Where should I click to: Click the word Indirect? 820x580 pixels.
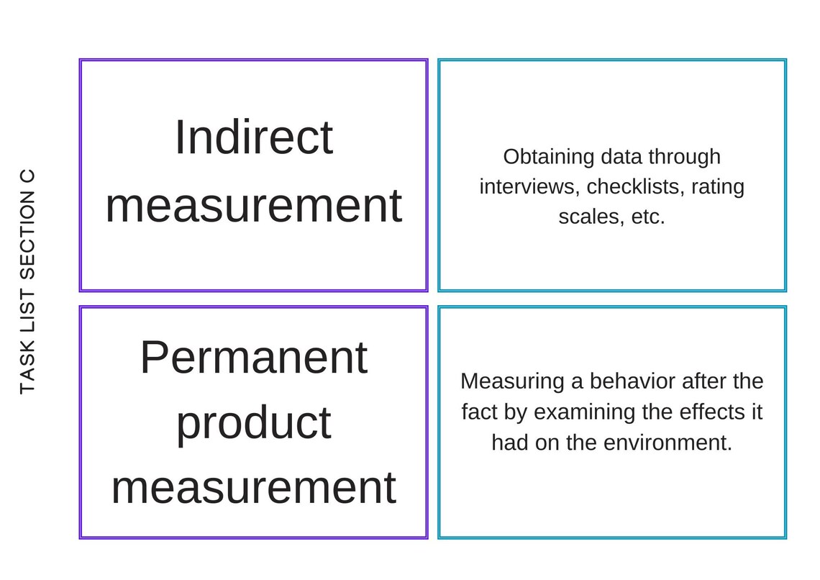[254, 137]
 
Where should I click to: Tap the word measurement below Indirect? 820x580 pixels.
[254, 205]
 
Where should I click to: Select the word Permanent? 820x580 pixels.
[254, 357]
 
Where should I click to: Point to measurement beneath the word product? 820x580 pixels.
[254, 487]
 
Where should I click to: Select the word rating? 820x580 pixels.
[718, 187]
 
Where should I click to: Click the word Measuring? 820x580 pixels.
[512, 382]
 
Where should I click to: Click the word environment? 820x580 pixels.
[668, 443]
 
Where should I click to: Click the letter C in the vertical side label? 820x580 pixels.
[27, 176]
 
